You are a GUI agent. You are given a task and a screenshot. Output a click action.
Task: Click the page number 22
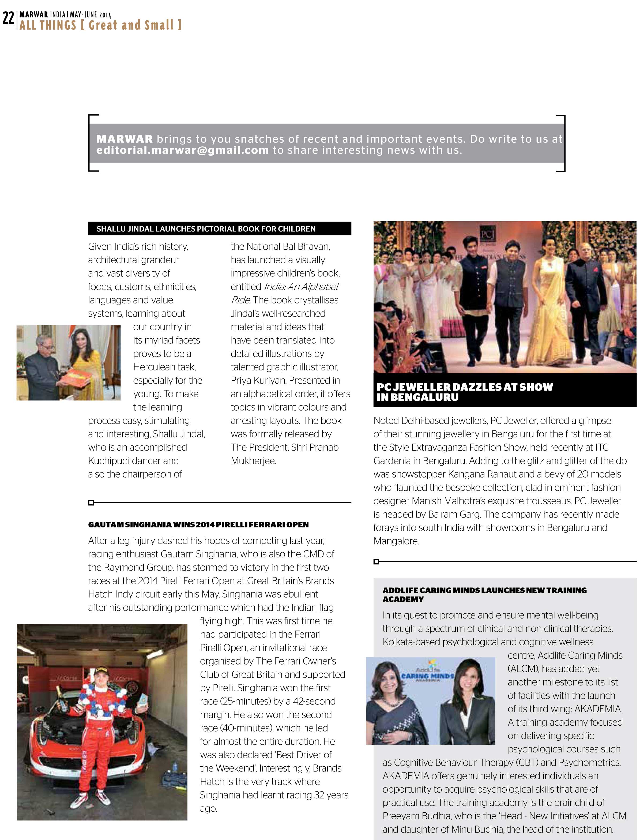point(8,18)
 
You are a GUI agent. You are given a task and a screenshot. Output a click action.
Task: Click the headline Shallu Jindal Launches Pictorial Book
point(206,228)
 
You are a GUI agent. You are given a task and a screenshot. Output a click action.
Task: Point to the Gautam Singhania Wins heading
point(198,524)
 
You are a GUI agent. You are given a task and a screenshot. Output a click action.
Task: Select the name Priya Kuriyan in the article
point(259,380)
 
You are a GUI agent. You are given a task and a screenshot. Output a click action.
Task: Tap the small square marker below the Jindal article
point(91,502)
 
